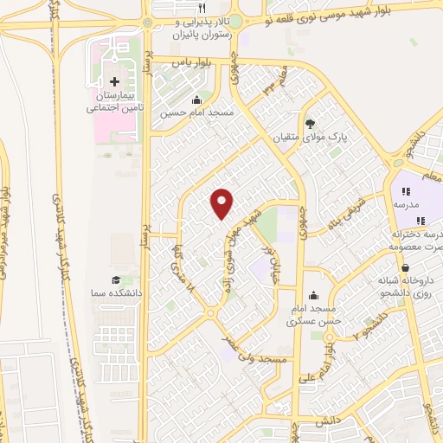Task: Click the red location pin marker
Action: click(x=222, y=202)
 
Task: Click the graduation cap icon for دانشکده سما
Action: click(x=114, y=279)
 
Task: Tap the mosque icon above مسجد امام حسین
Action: click(x=198, y=99)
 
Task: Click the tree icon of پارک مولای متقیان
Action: click(x=310, y=124)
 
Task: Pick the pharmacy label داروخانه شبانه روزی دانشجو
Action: click(x=403, y=288)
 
